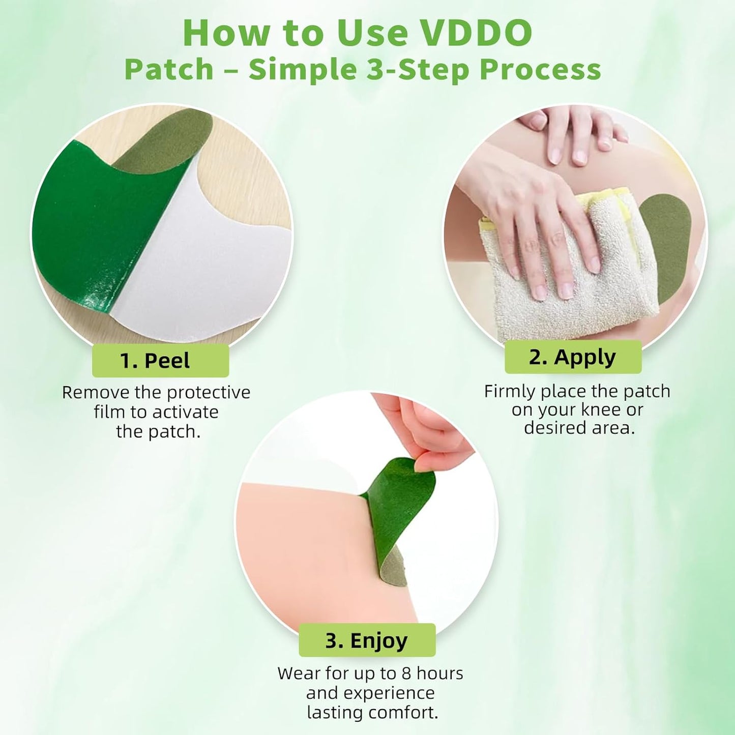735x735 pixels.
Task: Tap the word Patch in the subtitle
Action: tap(169, 70)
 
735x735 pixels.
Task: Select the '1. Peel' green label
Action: tap(160, 361)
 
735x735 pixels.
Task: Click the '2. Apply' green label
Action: tap(573, 357)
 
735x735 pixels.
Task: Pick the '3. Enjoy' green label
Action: tap(367, 640)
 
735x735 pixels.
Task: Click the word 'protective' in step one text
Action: tap(209, 393)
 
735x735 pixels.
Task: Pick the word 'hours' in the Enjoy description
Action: tap(440, 673)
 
